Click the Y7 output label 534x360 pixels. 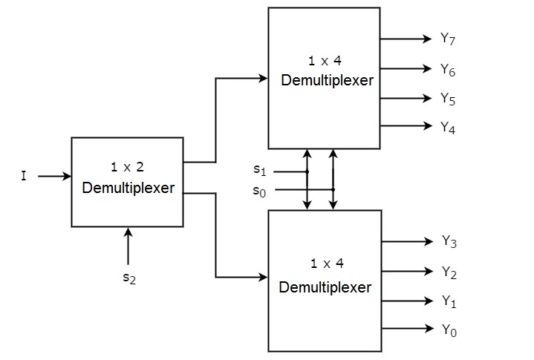(x=447, y=39)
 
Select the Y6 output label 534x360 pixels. (x=447, y=70)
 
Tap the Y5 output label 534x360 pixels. (x=447, y=99)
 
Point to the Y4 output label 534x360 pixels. (x=447, y=127)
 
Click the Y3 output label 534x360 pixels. (x=449, y=241)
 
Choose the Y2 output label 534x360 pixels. (x=449, y=272)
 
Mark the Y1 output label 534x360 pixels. (x=449, y=301)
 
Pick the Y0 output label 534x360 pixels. (x=449, y=330)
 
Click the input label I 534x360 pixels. (x=24, y=177)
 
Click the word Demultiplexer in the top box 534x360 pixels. (x=327, y=80)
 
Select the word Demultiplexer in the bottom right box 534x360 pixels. (x=325, y=287)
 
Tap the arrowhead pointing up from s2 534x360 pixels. (x=128, y=232)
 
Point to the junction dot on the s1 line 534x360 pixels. (x=307, y=171)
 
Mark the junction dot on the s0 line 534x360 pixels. (x=333, y=189)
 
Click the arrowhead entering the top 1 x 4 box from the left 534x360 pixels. (x=263, y=78)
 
